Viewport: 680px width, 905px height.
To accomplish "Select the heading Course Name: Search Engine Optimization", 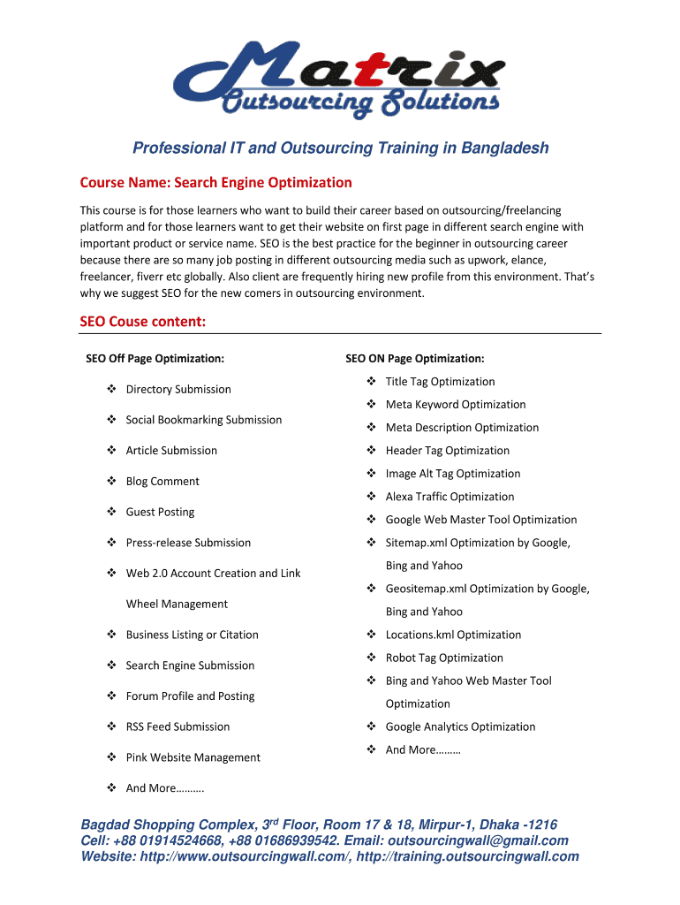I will [216, 183].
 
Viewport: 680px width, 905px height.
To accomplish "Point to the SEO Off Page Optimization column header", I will [155, 359].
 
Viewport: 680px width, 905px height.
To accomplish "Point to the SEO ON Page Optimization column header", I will [414, 359].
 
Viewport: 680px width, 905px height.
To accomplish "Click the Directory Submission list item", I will [178, 390].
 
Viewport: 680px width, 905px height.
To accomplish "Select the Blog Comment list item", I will [162, 482].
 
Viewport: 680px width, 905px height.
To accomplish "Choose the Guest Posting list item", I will [160, 513].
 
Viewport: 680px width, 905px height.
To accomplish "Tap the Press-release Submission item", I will [188, 543].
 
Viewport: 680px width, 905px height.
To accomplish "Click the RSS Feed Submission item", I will [178, 726].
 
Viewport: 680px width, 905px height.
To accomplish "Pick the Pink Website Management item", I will [193, 757].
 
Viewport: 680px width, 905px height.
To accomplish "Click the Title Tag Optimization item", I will [440, 382].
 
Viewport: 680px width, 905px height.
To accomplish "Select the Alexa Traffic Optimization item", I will [450, 497].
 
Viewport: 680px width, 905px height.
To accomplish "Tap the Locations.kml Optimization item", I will [453, 635].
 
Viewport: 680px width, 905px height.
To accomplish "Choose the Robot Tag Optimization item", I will [444, 658].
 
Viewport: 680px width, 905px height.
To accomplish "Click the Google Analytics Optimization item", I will [460, 726].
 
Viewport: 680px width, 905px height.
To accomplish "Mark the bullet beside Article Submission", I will [112, 451].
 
